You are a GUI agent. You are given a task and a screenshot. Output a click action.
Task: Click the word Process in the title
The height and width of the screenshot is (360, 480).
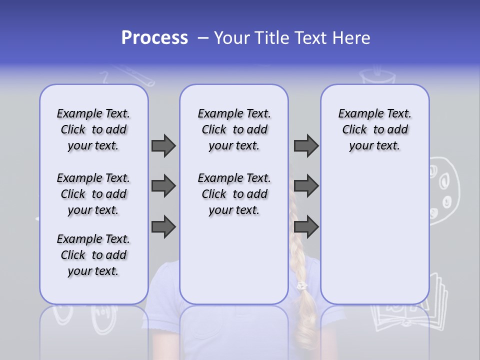click(154, 38)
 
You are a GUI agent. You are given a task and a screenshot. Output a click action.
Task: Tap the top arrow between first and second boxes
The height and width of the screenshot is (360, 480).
click(163, 145)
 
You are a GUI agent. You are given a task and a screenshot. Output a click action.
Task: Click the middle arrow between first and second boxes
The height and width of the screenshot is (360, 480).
click(163, 186)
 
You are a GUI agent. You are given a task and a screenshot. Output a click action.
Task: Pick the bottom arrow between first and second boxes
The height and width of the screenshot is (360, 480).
click(163, 227)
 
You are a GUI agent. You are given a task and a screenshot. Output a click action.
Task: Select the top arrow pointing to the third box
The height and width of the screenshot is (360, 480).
click(306, 145)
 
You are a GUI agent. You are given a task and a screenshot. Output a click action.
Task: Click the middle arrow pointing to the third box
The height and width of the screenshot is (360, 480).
click(306, 186)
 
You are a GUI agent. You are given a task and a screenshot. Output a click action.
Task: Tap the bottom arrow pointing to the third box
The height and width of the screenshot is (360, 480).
click(306, 227)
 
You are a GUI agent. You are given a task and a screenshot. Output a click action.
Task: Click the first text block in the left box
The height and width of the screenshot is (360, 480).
click(93, 129)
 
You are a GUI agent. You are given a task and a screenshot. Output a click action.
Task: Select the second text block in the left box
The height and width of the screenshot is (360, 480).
click(93, 194)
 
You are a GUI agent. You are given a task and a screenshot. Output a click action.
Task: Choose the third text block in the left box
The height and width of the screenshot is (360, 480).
click(93, 255)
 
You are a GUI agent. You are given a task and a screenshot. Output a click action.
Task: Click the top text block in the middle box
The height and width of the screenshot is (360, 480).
click(234, 129)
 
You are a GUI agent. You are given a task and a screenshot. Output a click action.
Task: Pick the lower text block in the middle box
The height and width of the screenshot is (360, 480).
click(234, 194)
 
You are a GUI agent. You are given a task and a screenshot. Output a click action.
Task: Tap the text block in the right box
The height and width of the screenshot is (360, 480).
click(374, 129)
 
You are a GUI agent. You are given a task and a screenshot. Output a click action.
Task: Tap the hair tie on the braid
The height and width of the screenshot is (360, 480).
click(301, 286)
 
